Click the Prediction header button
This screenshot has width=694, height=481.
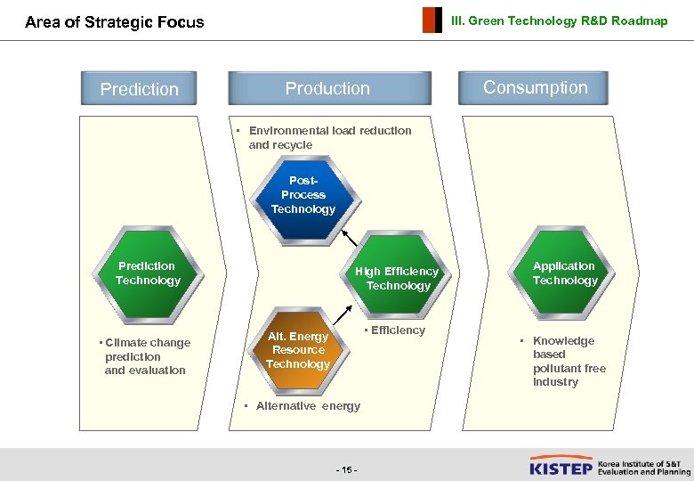pos(140,89)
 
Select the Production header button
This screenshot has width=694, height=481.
pos(327,88)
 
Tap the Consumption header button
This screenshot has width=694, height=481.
pos(535,87)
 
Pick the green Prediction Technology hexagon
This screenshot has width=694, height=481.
pos(147,273)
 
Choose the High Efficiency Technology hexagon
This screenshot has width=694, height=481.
pos(397,278)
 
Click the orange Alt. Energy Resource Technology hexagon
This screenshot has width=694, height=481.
pos(298,350)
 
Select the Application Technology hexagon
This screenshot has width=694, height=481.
pos(564,273)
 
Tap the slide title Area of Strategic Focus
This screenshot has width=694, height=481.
pos(115,22)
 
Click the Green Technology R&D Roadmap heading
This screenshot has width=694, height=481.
pos(559,21)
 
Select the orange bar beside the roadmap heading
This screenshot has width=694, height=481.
pos(432,20)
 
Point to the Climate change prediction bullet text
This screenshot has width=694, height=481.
pos(145,356)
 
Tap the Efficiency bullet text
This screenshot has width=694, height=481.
pos(396,330)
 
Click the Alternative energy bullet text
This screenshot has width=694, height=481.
pos(304,406)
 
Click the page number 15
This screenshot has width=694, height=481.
pos(346,469)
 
